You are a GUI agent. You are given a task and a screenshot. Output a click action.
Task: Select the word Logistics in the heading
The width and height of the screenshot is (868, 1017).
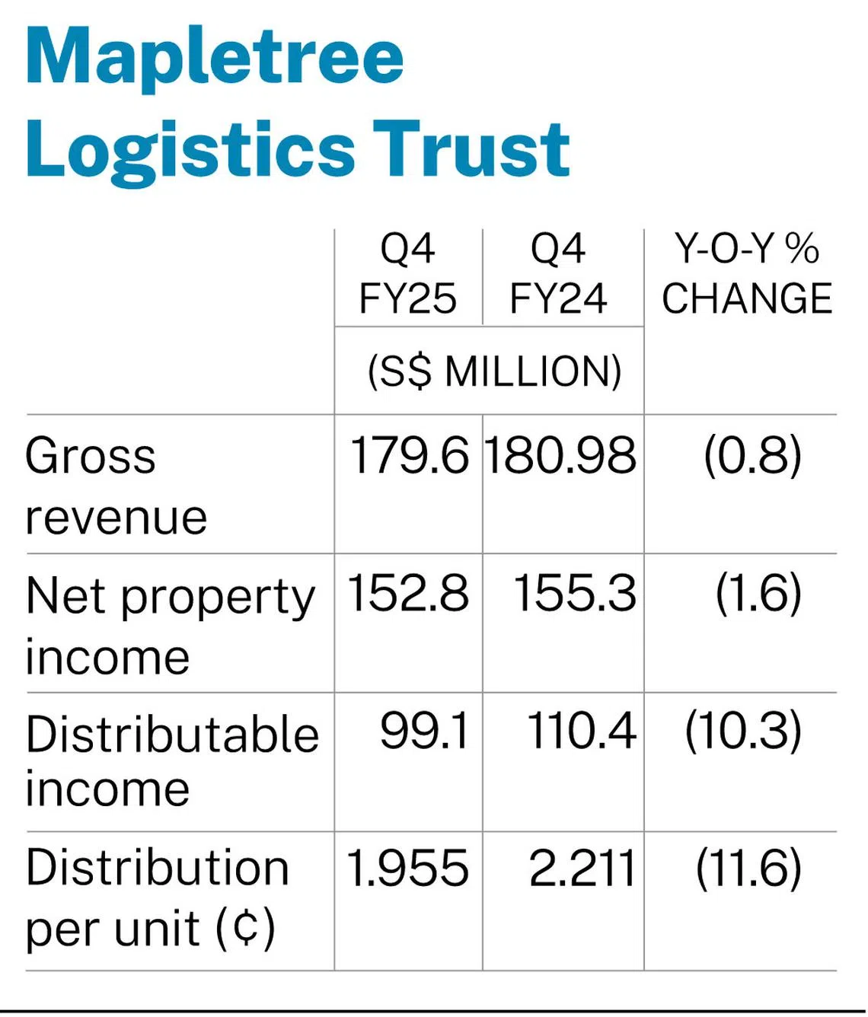pyautogui.click(x=190, y=149)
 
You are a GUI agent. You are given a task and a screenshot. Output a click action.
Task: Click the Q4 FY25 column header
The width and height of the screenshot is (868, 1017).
pyautogui.click(x=407, y=273)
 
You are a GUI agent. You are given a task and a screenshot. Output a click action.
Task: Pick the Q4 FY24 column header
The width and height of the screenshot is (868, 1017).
pyautogui.click(x=558, y=273)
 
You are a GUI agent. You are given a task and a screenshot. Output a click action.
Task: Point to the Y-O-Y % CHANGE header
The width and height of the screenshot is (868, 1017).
pyautogui.click(x=746, y=273)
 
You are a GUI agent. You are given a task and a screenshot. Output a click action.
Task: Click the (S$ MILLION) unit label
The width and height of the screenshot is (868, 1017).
pyautogui.click(x=494, y=371)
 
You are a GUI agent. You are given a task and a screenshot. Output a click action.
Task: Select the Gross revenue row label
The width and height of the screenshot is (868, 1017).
pyautogui.click(x=116, y=486)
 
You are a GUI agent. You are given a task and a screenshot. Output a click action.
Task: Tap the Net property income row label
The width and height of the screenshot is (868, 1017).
pyautogui.click(x=170, y=624)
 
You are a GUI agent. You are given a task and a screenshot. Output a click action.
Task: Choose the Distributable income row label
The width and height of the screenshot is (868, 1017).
pyautogui.click(x=171, y=760)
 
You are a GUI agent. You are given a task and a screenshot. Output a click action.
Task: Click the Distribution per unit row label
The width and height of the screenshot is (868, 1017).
pyautogui.click(x=157, y=898)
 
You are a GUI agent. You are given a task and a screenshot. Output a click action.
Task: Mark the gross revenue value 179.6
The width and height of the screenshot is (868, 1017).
pyautogui.click(x=409, y=456)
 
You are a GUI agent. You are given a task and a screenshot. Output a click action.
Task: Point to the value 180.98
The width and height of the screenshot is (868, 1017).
pyautogui.click(x=560, y=456)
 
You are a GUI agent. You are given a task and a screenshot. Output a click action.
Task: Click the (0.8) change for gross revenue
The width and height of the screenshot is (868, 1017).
pyautogui.click(x=752, y=456)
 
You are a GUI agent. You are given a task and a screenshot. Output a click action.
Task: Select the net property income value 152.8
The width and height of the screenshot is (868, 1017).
pyautogui.click(x=408, y=593)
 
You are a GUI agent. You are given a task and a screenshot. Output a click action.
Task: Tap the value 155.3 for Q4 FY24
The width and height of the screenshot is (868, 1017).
pyautogui.click(x=574, y=593)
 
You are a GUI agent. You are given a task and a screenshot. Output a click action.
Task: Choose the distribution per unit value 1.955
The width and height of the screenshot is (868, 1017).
pyautogui.click(x=407, y=869)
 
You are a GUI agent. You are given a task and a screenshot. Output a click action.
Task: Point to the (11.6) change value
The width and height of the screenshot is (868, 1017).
pyautogui.click(x=748, y=869)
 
